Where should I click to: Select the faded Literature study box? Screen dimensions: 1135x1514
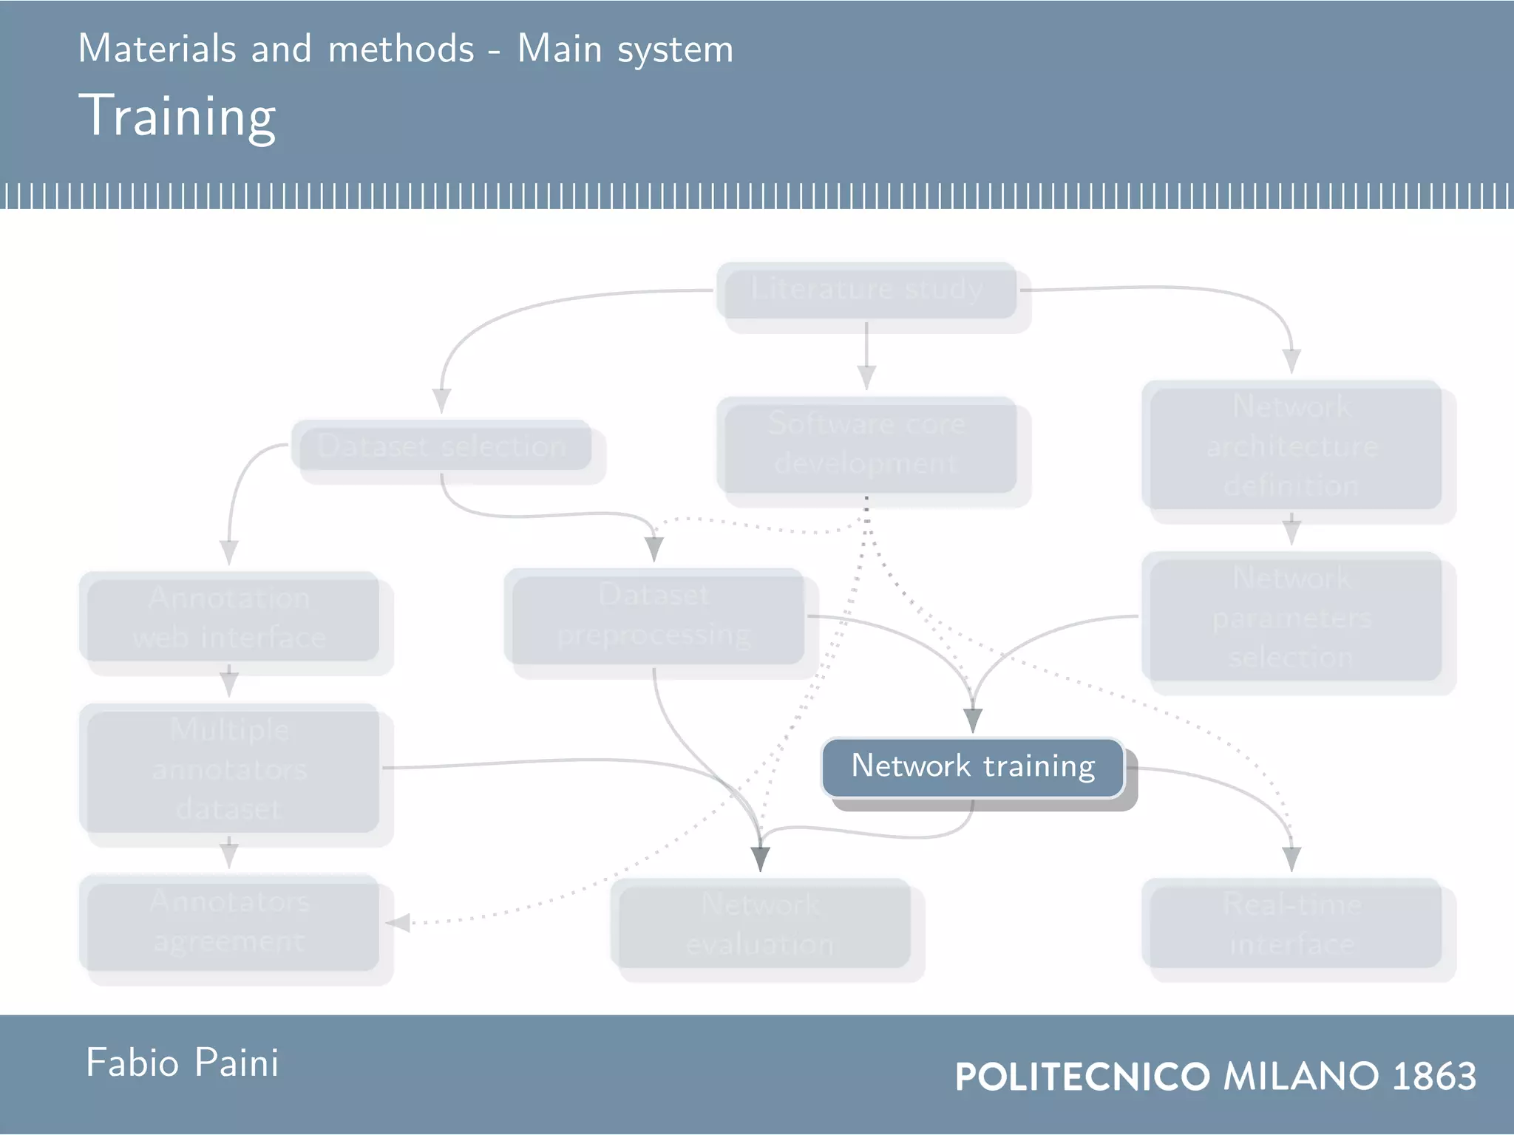[866, 290]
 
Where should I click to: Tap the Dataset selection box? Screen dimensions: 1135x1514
[442, 446]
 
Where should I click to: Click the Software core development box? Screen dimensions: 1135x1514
[866, 445]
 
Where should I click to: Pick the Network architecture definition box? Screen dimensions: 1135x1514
[1291, 445]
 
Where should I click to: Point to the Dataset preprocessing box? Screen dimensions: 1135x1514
[654, 616]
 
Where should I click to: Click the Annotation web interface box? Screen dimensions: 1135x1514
[229, 616]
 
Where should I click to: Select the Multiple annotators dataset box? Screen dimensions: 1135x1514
[229, 768]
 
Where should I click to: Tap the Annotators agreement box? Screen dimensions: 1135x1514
[229, 922]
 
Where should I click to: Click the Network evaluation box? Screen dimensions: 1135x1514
[760, 924]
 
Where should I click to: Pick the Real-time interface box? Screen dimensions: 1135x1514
[1291, 924]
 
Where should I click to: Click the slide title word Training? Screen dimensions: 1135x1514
[177, 117]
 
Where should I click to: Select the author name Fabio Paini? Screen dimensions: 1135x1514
[182, 1063]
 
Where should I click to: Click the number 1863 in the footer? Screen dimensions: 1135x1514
[1434, 1076]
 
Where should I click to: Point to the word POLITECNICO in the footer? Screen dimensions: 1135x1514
[1082, 1076]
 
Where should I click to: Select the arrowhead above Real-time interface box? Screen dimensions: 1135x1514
[1291, 859]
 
